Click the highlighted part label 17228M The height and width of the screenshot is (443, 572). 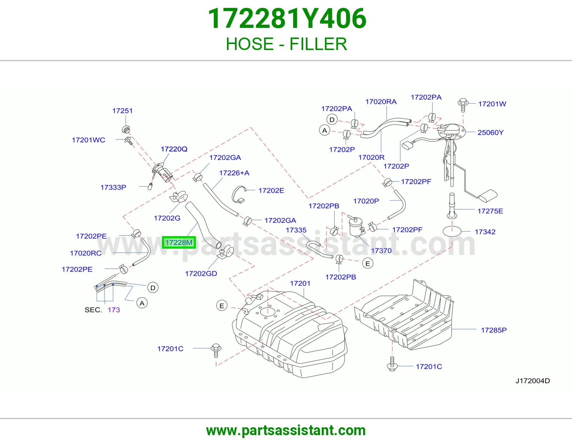point(179,242)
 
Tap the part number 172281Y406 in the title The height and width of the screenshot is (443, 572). point(287,19)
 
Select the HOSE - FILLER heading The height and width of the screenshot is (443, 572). point(286,44)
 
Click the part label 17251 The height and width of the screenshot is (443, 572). point(122,111)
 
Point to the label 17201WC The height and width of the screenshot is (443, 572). point(88,140)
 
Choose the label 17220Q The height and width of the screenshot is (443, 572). point(174,149)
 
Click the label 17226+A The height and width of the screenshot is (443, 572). point(234,173)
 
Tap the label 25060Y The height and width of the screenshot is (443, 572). point(490,133)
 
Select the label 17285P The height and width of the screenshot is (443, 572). point(494,330)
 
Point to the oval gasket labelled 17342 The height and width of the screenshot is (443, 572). point(452,232)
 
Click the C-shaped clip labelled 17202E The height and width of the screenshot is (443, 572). point(239,195)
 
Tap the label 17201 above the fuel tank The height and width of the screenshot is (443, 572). point(300,283)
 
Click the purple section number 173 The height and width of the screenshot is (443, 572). point(114,310)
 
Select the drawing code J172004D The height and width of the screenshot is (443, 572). point(533,381)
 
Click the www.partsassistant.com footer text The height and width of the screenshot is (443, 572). point(286,430)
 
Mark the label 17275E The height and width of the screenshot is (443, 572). point(490,211)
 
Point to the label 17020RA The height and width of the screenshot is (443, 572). point(381,102)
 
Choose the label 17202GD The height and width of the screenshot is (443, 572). point(201,274)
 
